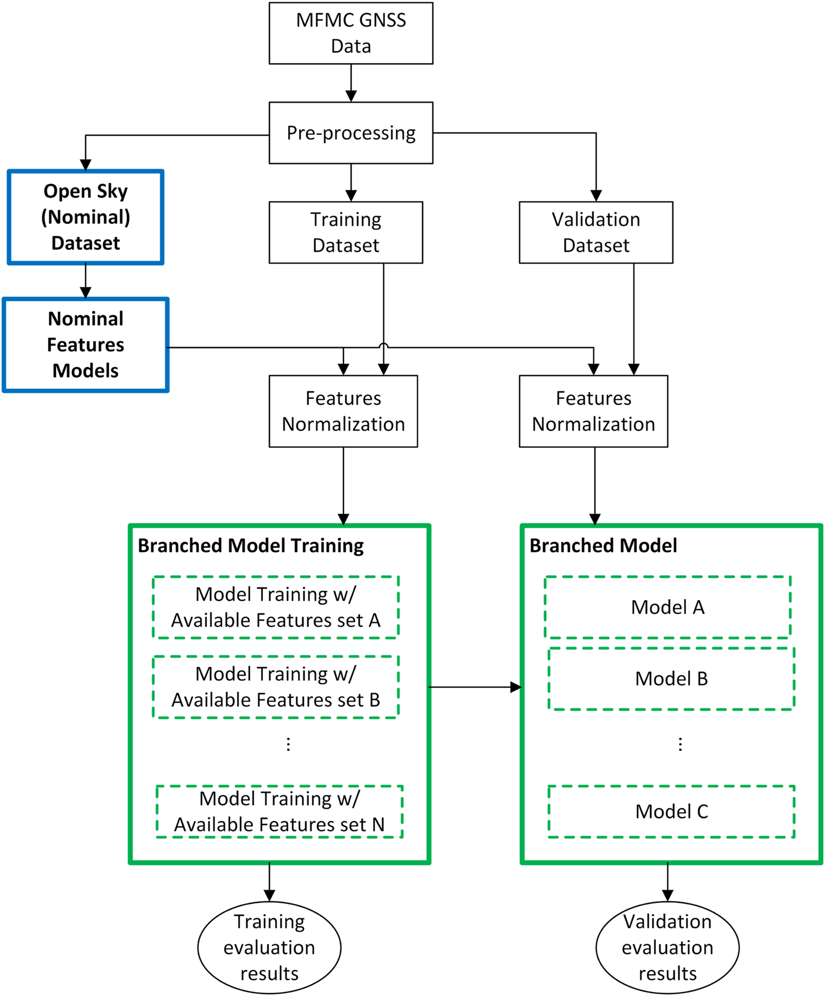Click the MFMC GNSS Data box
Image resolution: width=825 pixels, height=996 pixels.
click(x=351, y=33)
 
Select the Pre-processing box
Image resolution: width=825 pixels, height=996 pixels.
click(x=351, y=133)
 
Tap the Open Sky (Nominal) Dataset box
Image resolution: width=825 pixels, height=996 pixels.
click(x=85, y=217)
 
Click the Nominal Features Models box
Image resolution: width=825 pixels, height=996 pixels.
click(x=85, y=345)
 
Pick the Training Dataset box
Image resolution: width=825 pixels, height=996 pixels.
click(x=346, y=232)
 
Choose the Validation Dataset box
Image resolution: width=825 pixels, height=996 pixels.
click(x=596, y=232)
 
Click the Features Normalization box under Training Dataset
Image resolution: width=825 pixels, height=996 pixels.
click(x=343, y=411)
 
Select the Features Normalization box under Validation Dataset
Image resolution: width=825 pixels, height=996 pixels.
click(x=593, y=411)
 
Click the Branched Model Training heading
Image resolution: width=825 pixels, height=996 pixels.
click(x=250, y=546)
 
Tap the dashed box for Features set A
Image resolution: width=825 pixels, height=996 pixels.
click(x=276, y=607)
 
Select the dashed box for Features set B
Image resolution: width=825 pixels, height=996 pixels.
click(x=276, y=687)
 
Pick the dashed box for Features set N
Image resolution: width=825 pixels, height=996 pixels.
click(x=279, y=812)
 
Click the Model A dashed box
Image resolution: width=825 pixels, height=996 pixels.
click(x=668, y=607)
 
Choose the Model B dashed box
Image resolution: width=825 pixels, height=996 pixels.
click(x=671, y=679)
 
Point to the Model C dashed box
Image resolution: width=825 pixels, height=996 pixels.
click(x=671, y=812)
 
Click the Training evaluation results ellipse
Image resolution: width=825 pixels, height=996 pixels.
click(x=269, y=948)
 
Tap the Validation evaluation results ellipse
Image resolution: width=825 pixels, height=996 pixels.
click(x=668, y=948)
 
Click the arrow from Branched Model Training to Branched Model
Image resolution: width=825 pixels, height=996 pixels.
click(x=474, y=687)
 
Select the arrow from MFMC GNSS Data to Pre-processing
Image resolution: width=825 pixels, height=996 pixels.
click(x=351, y=83)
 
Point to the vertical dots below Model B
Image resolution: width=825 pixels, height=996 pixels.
click(x=680, y=744)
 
